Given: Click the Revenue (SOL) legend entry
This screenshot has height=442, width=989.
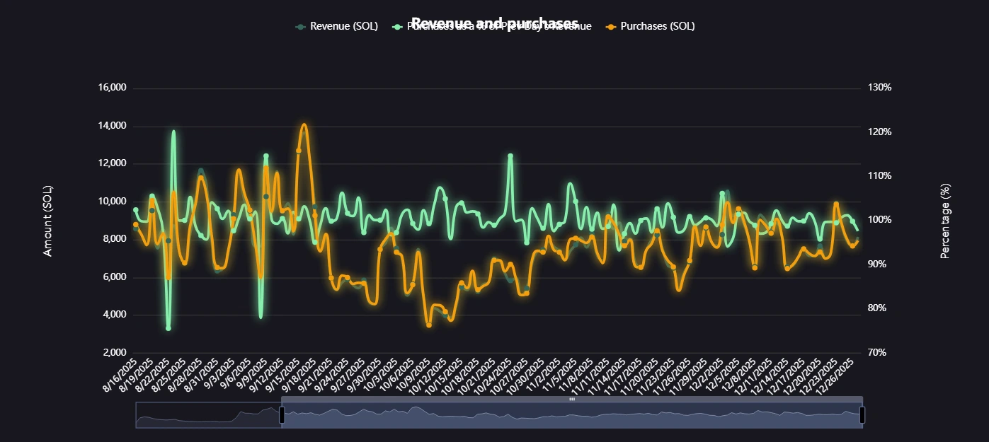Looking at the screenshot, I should (x=336, y=26).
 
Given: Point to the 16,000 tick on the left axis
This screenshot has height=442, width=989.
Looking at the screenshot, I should (x=111, y=88).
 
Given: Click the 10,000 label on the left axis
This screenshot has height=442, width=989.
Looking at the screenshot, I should (x=111, y=202).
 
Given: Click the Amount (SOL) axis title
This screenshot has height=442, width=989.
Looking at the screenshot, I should (x=48, y=221).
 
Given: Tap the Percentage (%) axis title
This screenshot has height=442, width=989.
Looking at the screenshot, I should (x=945, y=221).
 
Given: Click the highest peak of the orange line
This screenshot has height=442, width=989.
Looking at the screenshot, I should (x=304, y=124).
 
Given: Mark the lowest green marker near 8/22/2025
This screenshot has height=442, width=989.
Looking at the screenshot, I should (x=168, y=328).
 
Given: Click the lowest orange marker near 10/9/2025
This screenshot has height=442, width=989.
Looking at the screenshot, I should (x=429, y=325).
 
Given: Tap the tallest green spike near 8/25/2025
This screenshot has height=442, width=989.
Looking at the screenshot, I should (x=173, y=132).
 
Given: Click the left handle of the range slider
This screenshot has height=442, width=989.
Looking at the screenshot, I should (x=282, y=415).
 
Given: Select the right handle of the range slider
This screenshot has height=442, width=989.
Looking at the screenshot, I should (x=862, y=415).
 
